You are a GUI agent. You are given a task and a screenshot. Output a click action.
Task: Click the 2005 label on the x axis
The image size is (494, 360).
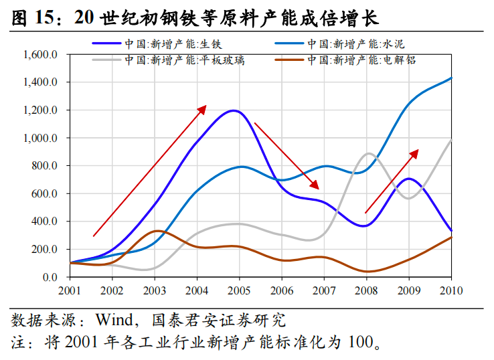click(239, 290)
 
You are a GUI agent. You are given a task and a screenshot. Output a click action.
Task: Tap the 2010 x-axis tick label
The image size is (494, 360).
click(451, 290)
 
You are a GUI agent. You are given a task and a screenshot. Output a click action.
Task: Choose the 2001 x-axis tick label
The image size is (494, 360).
click(70, 290)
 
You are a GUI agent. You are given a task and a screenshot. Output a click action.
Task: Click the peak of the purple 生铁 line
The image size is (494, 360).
click(233, 110)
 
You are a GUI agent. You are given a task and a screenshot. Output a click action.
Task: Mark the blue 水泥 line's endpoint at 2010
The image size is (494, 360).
click(451, 78)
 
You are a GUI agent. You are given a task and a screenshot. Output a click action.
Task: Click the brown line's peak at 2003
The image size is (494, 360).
click(155, 231)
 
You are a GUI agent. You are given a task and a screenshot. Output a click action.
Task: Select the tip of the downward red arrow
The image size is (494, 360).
click(319, 187)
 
